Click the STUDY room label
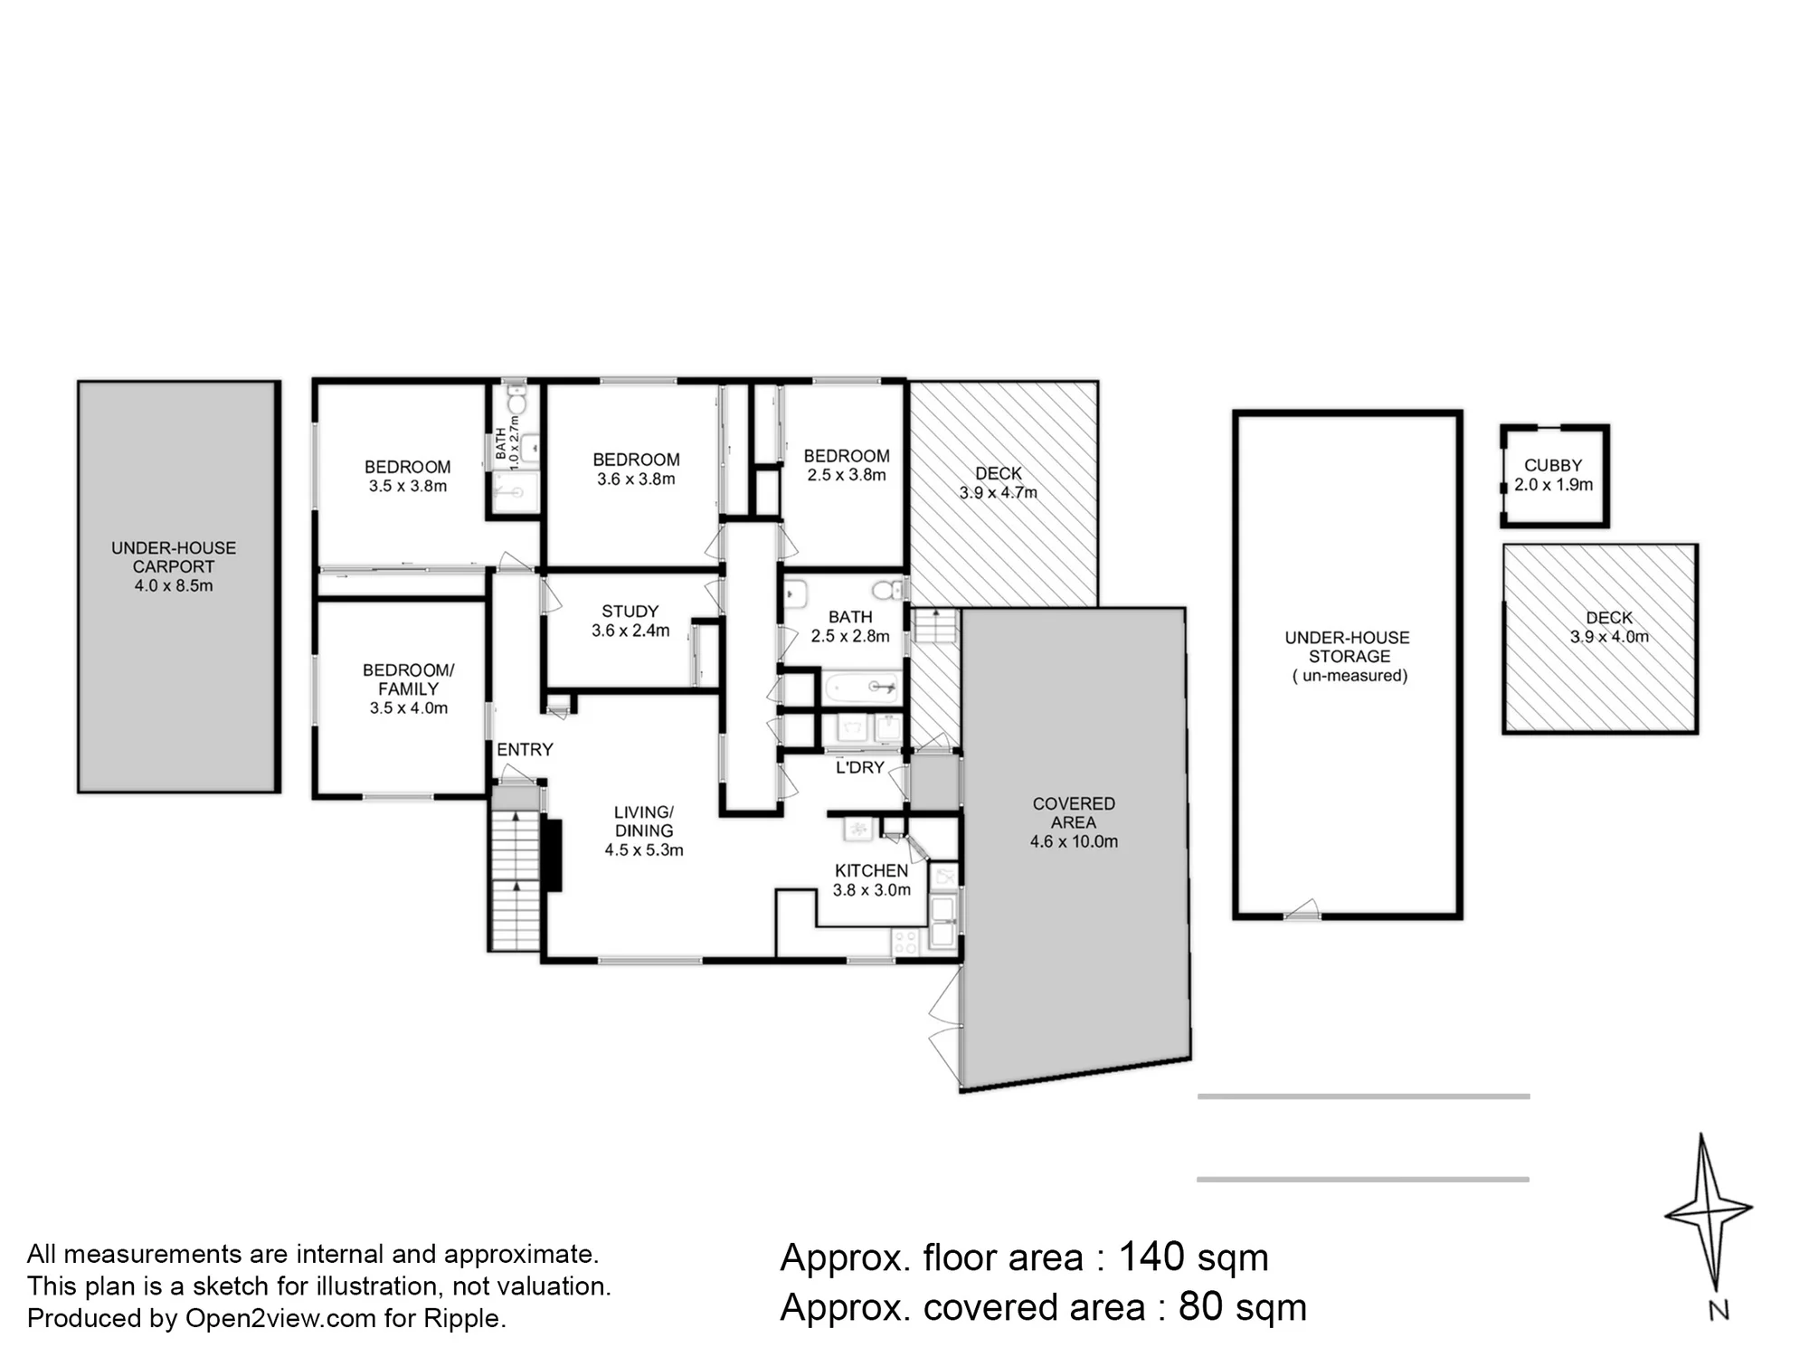tap(630, 612)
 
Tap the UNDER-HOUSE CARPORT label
tap(174, 557)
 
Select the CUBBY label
tap(1553, 465)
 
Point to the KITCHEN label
tap(872, 870)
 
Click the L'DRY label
tap(860, 767)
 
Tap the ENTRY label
tap(525, 749)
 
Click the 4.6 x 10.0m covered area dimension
tap(1074, 841)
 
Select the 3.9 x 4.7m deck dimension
tap(999, 493)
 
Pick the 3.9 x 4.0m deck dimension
tap(1609, 637)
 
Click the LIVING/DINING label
tap(644, 821)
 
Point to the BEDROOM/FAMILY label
tap(409, 679)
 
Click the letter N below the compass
tap(1719, 1310)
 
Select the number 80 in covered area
tap(1200, 1306)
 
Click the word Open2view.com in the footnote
tap(280, 1318)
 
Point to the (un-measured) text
tap(1350, 676)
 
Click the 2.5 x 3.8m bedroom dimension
tap(847, 475)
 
